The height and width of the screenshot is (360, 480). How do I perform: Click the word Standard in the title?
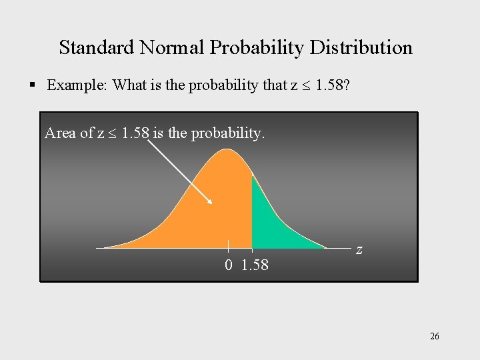[x=96, y=48]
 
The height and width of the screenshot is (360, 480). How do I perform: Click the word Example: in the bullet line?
[x=77, y=85]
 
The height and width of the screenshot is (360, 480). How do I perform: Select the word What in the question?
[x=130, y=85]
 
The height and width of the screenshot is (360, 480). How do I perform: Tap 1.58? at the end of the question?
[x=336, y=85]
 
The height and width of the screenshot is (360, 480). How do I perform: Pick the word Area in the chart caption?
[x=60, y=133]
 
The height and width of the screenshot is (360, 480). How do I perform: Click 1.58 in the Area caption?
[x=135, y=133]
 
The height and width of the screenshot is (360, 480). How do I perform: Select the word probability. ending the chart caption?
[x=228, y=133]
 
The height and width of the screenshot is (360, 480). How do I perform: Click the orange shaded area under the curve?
[x=200, y=213]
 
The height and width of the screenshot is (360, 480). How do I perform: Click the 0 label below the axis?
[x=229, y=265]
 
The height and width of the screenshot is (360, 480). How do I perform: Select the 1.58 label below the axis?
[x=255, y=265]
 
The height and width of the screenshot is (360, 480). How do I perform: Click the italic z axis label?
[x=359, y=250]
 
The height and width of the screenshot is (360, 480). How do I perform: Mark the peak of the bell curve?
[x=227, y=149]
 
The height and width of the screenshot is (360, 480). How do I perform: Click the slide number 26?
[x=434, y=337]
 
